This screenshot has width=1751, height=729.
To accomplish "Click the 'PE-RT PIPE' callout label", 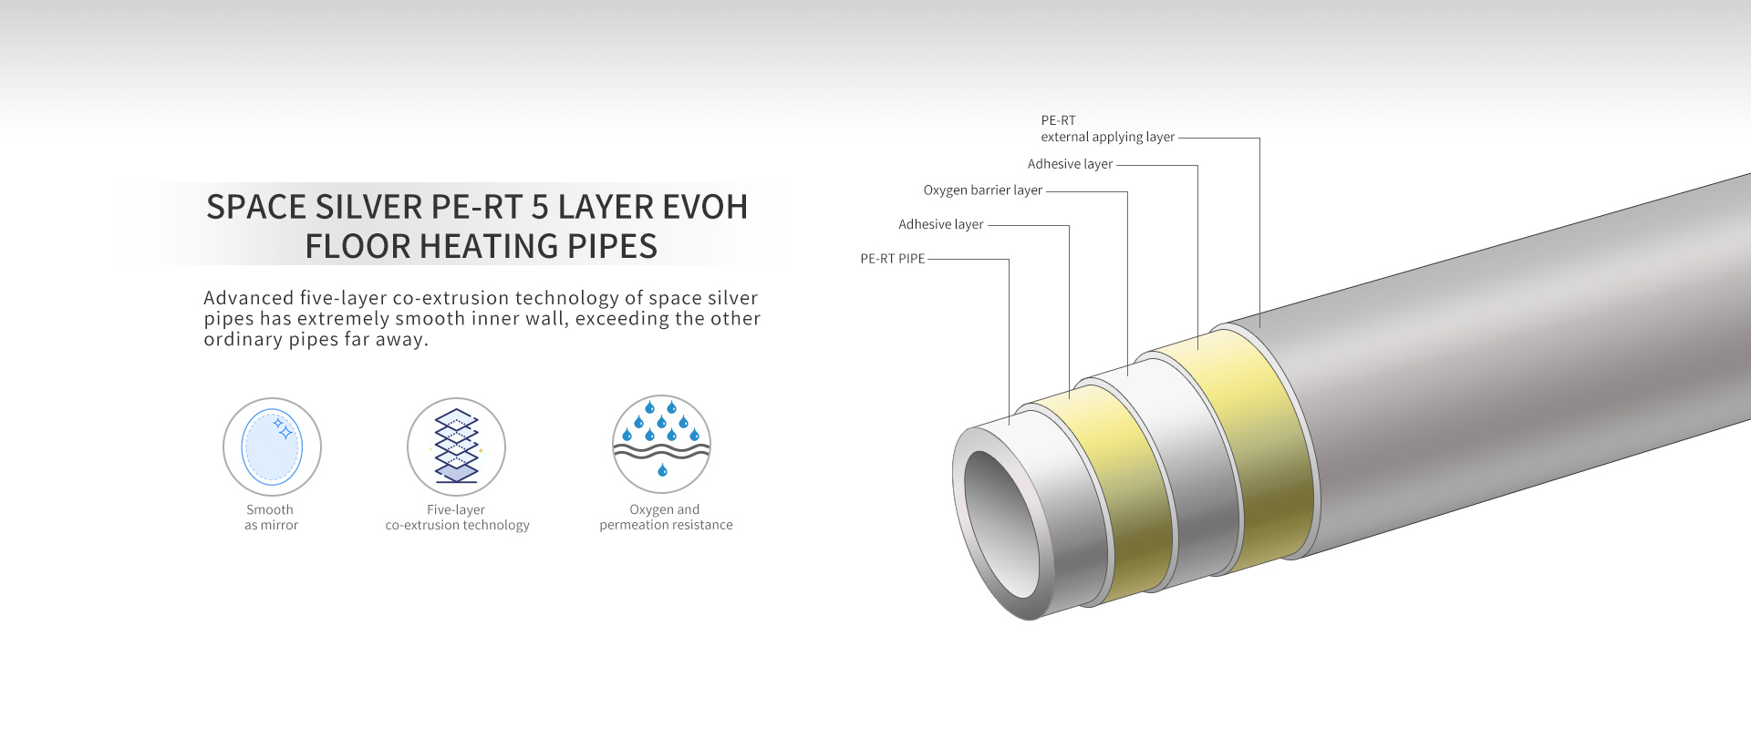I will pyautogui.click(x=892, y=259).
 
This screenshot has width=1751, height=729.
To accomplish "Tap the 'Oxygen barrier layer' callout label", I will pyautogui.click(x=982, y=190).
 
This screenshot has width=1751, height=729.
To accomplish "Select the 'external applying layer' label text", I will pyautogui.click(x=1107, y=137).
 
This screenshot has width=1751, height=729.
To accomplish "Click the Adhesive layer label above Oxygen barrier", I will pyautogui.click(x=1070, y=164).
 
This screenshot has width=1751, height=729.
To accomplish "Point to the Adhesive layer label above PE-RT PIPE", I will pyautogui.click(x=940, y=224).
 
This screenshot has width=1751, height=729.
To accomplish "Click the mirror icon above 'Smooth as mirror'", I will pyautogui.click(x=272, y=447).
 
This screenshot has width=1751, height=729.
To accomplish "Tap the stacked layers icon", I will pyautogui.click(x=456, y=446).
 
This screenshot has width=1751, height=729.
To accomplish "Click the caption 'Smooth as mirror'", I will pyautogui.click(x=271, y=518).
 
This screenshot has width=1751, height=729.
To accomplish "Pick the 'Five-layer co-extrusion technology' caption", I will pyautogui.click(x=457, y=518).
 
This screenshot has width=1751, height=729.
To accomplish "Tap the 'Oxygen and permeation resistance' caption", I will pyautogui.click(x=666, y=518).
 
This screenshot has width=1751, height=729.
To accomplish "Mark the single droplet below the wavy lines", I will pyautogui.click(x=662, y=470).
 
